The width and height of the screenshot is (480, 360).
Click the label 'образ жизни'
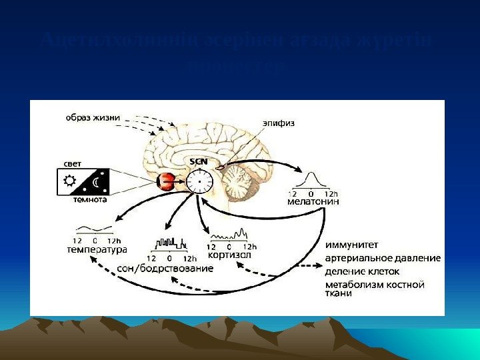pyautogui.click(x=93, y=118)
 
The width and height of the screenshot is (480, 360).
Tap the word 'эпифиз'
pyautogui.click(x=279, y=123)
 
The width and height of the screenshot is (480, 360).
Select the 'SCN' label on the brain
pyautogui.click(x=199, y=161)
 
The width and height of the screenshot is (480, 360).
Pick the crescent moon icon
pyautogui.click(x=97, y=181)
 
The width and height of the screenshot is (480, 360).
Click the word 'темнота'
pyautogui.click(x=90, y=199)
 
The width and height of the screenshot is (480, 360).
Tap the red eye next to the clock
pyautogui.click(x=166, y=181)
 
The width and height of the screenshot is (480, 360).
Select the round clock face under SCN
pyautogui.click(x=199, y=181)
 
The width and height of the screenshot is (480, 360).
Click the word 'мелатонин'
pyautogui.click(x=313, y=201)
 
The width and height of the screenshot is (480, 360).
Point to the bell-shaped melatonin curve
pyautogui.click(x=311, y=179)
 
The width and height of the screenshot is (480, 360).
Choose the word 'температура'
pyautogui.click(x=97, y=250)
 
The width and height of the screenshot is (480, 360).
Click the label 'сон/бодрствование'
pyautogui.click(x=165, y=268)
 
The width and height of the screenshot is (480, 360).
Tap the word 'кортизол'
pyautogui.click(x=229, y=255)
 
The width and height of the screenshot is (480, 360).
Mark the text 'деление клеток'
pyautogui.click(x=362, y=271)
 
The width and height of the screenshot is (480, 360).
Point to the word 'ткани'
pyautogui.click(x=339, y=294)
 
